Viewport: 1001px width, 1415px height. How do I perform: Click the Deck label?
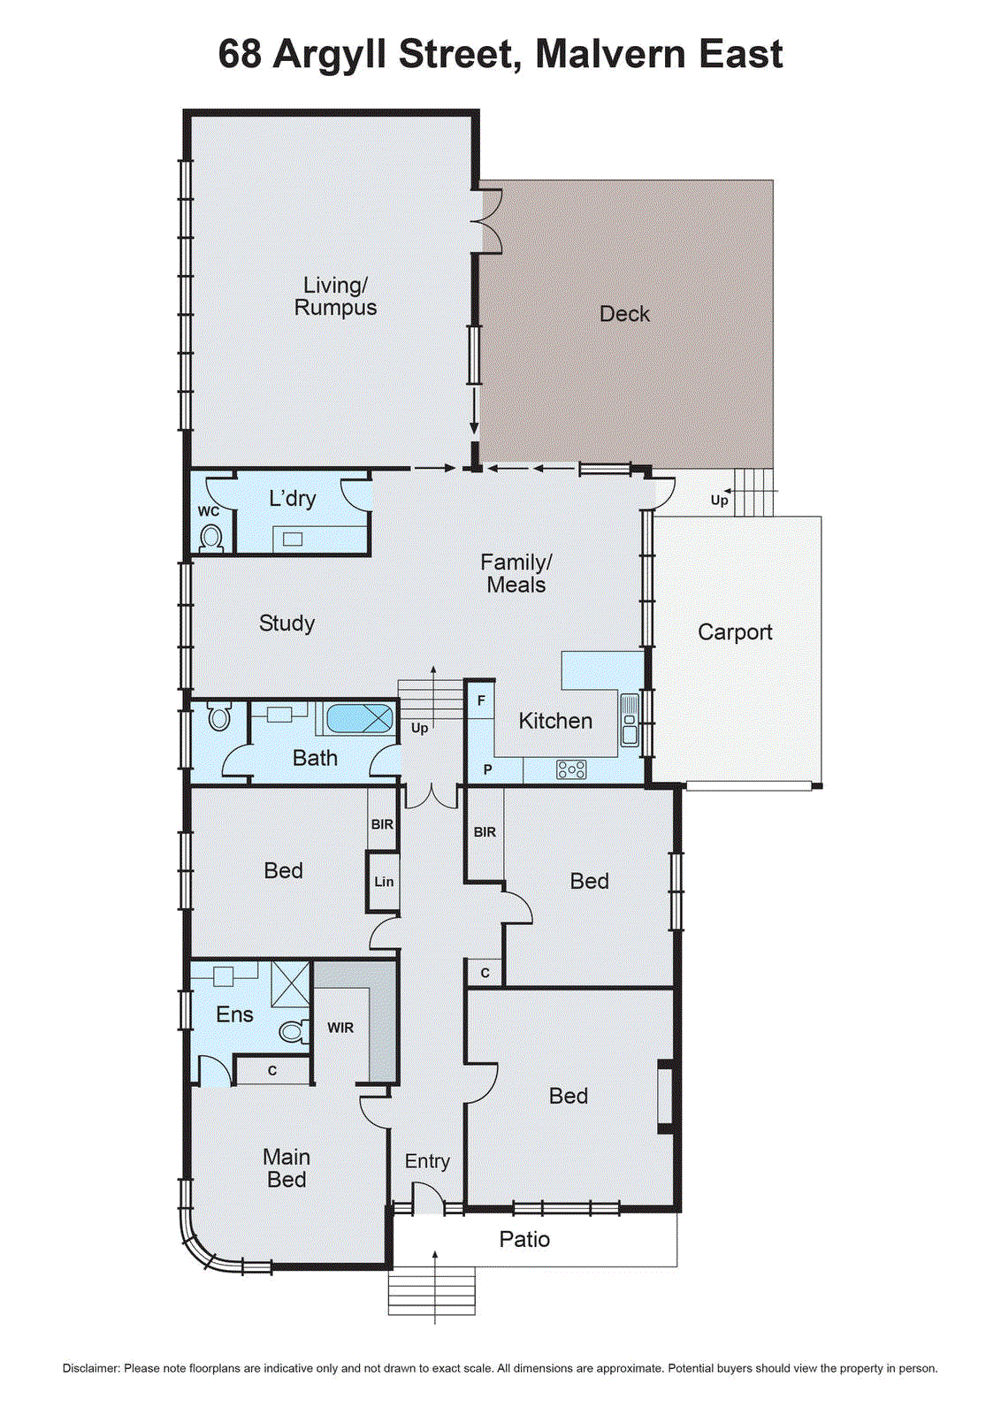tap(624, 314)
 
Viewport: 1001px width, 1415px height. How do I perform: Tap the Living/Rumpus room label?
tap(335, 296)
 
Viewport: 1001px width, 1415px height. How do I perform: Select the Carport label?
tap(735, 632)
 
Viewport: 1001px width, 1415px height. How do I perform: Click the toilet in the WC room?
tap(210, 538)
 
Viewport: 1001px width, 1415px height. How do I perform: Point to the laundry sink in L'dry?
tap(293, 539)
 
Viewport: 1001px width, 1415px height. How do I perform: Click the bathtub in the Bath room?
tap(359, 717)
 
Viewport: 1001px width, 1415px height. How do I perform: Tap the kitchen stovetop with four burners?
tap(571, 769)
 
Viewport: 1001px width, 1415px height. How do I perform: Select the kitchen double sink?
tap(630, 720)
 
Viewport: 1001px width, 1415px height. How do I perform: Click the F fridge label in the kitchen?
tap(481, 700)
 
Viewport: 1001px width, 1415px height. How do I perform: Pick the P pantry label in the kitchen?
tap(487, 770)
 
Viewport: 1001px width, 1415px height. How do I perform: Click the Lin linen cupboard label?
tap(384, 882)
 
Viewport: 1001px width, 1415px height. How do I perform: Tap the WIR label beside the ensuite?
tap(340, 1028)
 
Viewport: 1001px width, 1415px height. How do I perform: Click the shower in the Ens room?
tap(290, 983)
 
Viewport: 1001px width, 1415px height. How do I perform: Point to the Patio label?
tap(524, 1239)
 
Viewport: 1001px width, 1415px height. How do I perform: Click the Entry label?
tap(427, 1161)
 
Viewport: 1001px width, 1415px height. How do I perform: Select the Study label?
tap(287, 623)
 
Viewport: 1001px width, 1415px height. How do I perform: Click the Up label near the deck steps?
tap(719, 501)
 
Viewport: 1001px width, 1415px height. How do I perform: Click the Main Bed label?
tap(287, 1168)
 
